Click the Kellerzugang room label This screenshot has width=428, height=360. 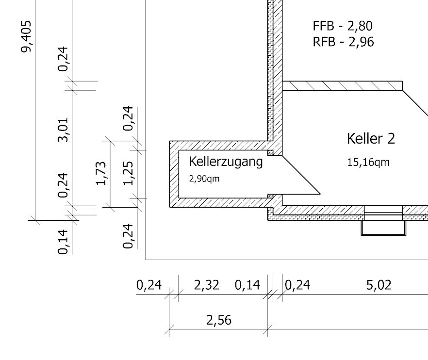226,162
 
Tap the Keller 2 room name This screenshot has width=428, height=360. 371,138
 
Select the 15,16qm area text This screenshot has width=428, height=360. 368,163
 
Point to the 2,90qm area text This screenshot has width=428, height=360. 204,179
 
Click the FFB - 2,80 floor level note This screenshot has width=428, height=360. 343,26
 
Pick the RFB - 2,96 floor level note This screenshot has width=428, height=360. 343,42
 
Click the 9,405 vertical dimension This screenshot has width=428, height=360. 26,36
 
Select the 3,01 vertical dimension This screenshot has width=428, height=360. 63,130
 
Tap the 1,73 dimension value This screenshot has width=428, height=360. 101,173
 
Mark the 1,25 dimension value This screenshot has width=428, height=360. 128,173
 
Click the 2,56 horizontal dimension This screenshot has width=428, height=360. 219,320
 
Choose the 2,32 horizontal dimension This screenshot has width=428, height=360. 207,285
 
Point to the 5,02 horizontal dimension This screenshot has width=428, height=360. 379,285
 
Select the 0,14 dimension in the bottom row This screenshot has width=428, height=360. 247,285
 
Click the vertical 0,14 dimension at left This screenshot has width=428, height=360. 63,242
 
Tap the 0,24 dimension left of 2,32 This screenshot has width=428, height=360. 149,285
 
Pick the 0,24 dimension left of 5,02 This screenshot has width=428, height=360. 297,285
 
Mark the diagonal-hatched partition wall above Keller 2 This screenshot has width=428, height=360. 342,86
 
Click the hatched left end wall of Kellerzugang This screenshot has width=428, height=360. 174,174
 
